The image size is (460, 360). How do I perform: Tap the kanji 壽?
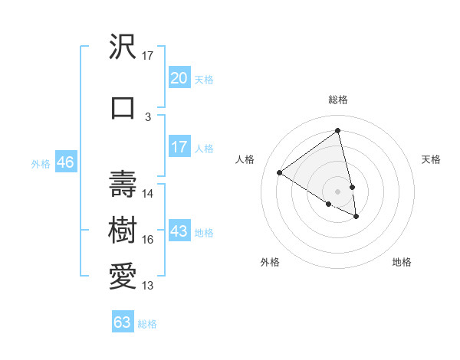tap(123, 182)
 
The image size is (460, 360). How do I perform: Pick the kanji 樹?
tap(123, 227)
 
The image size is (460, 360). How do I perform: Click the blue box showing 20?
tap(179, 78)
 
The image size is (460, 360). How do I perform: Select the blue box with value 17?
tap(179, 147)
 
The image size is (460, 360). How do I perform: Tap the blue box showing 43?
tap(179, 231)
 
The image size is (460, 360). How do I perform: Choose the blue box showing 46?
tap(64, 162)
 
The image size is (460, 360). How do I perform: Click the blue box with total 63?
tap(123, 322)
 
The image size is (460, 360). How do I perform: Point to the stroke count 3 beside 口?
tap(148, 116)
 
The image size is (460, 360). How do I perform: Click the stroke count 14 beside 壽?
tap(148, 193)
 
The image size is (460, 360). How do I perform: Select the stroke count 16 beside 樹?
tap(148, 240)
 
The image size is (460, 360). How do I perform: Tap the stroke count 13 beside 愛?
tap(148, 286)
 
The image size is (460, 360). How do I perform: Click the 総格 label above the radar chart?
tap(338, 100)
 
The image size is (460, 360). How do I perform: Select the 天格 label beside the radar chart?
tap(432, 159)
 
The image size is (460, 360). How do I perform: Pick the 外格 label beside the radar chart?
tap(270, 262)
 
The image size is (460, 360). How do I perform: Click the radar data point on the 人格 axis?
tap(279, 172)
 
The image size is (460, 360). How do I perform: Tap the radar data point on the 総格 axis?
tap(337, 130)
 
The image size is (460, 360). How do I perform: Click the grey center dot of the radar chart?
tap(338, 191)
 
